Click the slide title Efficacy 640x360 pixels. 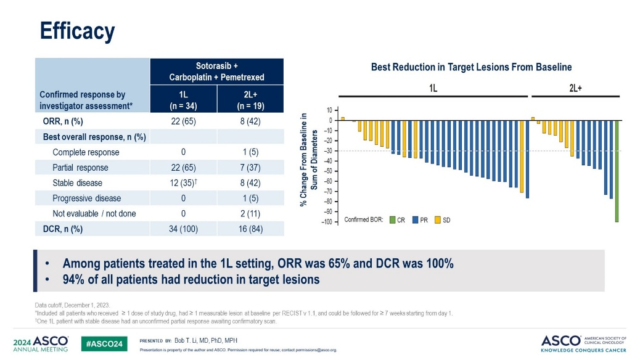coord(77,30)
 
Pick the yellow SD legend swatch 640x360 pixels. coord(438,219)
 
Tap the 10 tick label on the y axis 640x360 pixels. coord(330,110)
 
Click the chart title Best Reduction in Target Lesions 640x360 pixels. coord(471,67)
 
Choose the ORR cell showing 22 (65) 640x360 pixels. coord(183,121)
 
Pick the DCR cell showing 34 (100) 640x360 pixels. coord(183,229)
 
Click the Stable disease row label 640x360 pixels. coord(78,183)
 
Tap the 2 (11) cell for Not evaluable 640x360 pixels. coord(250,213)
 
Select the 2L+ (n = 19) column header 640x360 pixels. coord(250,100)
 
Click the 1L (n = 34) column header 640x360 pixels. coord(183,100)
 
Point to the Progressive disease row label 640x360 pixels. coord(86,198)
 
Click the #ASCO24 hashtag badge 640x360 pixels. coord(102,342)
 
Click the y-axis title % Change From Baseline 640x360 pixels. coord(308,160)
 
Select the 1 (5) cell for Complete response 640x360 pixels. coord(250,152)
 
